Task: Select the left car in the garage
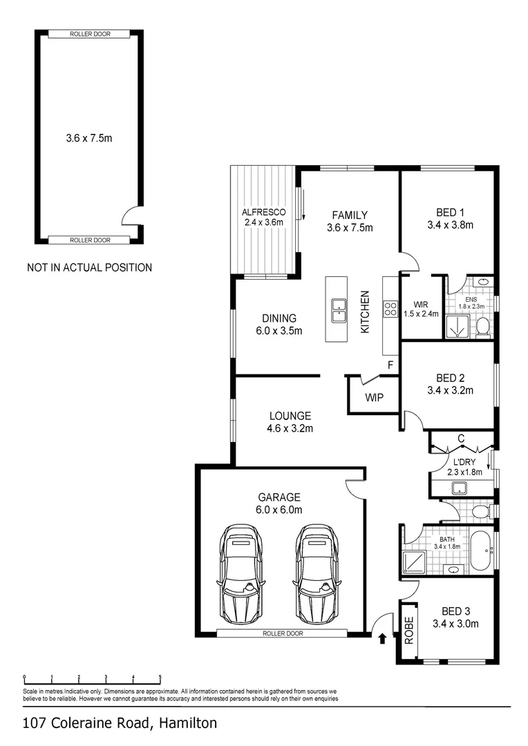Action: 240,574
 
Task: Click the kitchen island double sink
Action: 339,311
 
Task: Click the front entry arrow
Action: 381,639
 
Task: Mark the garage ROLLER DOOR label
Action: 282,633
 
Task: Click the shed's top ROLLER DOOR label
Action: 89,34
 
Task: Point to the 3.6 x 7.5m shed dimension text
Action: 88,138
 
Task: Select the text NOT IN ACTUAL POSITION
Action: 89,267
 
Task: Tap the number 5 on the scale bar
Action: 160,677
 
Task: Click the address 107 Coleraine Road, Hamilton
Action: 120,723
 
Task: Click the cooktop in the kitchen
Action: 390,309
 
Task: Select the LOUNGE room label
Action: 290,416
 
